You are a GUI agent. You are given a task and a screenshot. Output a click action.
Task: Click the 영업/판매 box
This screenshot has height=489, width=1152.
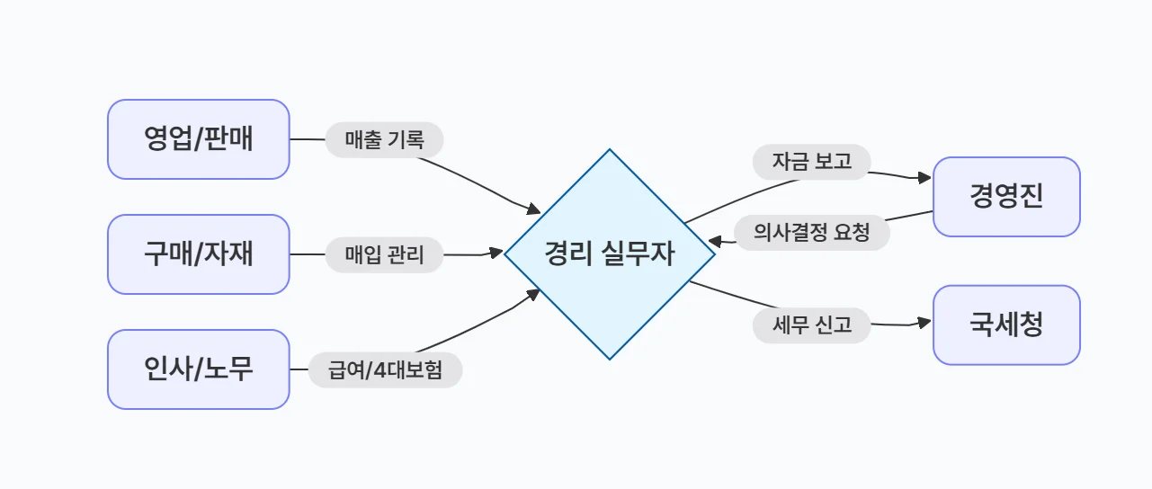[x=199, y=139]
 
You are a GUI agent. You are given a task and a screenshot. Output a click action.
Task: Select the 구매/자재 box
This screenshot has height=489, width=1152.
[x=199, y=254]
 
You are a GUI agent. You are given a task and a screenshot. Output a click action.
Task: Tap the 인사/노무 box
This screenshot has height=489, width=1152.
[x=199, y=369]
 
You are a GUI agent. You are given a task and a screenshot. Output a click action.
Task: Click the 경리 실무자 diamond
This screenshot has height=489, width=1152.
[x=609, y=254]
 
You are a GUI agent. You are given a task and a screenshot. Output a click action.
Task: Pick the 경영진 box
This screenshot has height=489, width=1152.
[x=1006, y=197]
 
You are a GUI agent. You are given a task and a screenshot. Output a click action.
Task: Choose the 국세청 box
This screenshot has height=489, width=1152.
[x=1006, y=325]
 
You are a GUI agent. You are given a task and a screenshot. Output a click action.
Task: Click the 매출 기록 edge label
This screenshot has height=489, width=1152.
[x=385, y=139]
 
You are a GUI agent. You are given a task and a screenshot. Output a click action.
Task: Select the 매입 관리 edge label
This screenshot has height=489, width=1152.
[x=385, y=255]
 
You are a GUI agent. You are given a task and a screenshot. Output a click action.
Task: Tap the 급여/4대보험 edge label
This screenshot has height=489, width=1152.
[x=385, y=369]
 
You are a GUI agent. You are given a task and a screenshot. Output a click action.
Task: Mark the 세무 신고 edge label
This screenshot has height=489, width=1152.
[x=812, y=325]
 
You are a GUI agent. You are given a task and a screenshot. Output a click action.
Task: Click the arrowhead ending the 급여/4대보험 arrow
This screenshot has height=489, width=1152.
[x=532, y=294]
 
